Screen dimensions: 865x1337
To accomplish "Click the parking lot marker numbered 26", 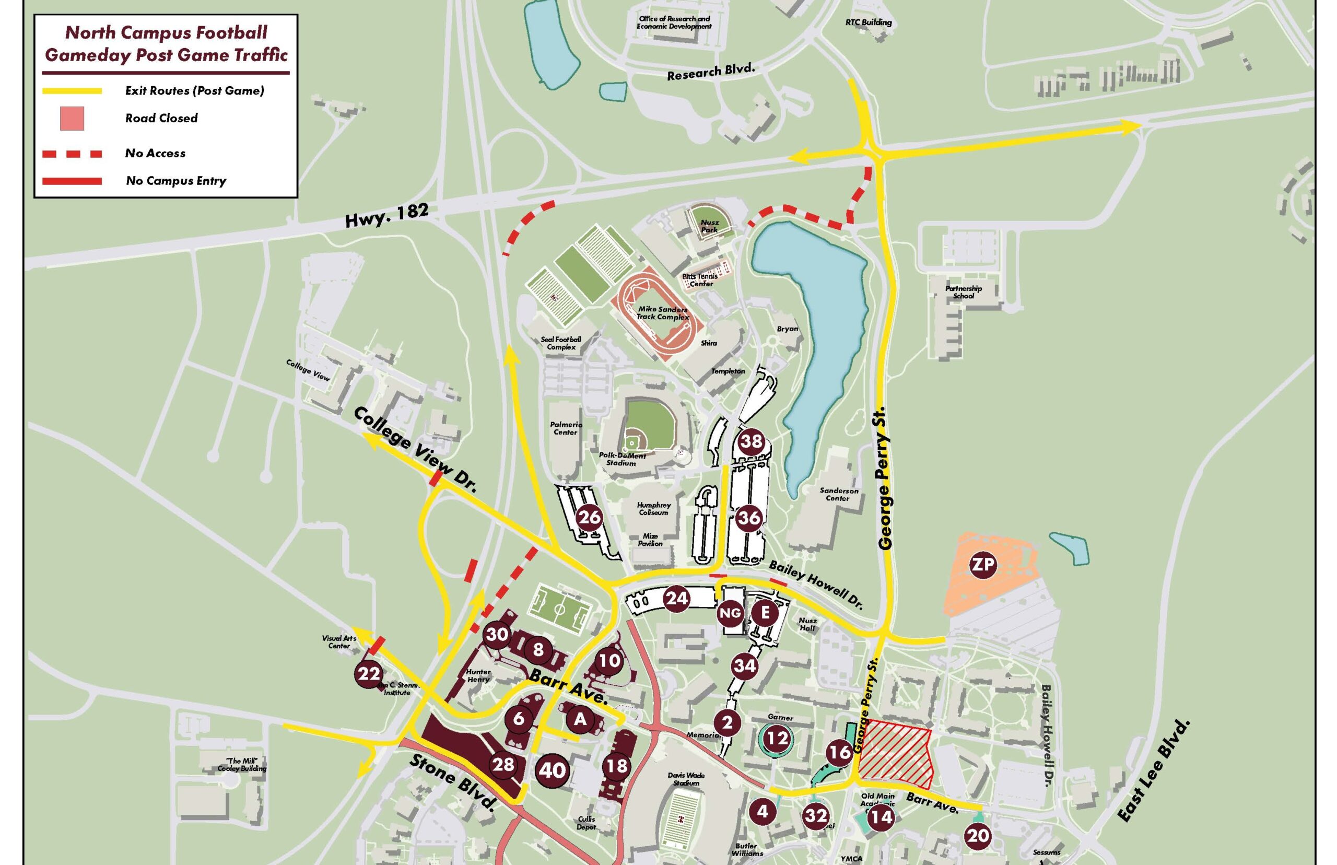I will pos(590,516).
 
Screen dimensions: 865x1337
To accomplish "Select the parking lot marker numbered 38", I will pos(752,441).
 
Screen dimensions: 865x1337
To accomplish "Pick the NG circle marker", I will pos(730,613).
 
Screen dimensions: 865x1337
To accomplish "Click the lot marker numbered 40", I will pos(552,770).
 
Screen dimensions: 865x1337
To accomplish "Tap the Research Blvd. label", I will pos(711,72).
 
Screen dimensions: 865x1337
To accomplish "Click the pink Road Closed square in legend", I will pos(72,119).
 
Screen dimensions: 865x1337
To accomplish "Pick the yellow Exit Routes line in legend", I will pos(72,91).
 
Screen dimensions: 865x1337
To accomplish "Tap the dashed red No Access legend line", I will pos(72,154).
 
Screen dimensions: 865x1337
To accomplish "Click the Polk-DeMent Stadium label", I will pos(626,459).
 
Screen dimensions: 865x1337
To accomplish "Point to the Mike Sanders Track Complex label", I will pos(663,313).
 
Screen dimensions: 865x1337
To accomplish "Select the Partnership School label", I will pos(963,292).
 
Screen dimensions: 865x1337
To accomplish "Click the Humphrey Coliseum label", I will pos(654,508).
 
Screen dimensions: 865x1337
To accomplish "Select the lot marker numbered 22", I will pos(369,673).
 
